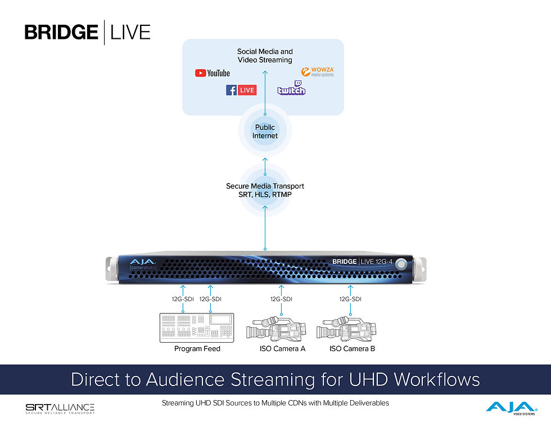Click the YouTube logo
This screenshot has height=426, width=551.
point(212,73)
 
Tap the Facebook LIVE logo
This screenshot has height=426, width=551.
point(241,90)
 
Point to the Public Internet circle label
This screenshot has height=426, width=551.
point(265,132)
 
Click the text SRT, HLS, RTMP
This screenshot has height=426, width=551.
point(265,194)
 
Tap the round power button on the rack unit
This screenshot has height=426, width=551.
point(400,263)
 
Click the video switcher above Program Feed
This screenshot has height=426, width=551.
point(197,328)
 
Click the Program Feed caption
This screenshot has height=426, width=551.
point(197,349)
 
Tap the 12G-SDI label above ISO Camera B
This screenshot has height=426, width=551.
point(350,299)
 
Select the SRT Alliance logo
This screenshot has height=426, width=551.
point(60,408)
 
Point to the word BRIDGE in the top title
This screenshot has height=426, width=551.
point(61,32)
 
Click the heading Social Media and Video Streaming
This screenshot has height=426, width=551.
point(265,56)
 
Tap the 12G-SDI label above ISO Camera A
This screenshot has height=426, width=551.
point(281,299)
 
